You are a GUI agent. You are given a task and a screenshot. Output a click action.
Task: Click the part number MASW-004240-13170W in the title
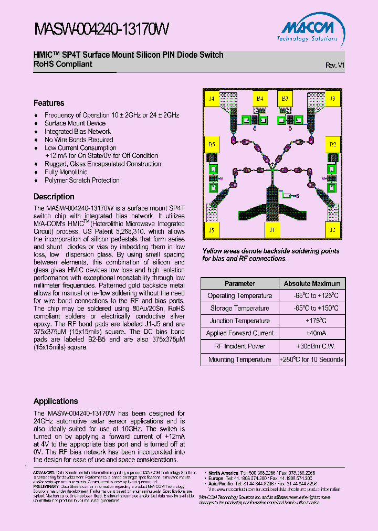point(101,29)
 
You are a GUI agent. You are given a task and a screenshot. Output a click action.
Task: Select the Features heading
point(49,103)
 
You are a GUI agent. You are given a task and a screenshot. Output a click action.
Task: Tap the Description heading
point(54,197)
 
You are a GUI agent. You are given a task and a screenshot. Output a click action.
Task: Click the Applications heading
point(56,401)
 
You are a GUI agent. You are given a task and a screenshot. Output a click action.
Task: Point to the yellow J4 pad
point(212,99)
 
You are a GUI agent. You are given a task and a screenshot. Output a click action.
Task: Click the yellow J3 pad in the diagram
point(332,99)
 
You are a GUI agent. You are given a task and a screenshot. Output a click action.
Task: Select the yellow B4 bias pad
point(259,99)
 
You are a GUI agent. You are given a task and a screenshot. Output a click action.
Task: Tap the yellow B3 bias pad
point(285,99)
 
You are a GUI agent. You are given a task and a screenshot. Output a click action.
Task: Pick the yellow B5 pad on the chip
point(212,144)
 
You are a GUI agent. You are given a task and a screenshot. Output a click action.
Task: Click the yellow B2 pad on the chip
point(332,144)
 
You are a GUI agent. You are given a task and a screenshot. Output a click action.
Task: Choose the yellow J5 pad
point(212,230)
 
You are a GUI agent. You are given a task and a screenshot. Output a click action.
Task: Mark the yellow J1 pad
point(271,230)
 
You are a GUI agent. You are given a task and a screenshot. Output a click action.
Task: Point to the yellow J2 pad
point(332,230)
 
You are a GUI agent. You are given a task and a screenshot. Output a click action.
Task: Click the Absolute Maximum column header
point(312,283)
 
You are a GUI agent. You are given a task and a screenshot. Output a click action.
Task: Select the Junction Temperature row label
point(239,321)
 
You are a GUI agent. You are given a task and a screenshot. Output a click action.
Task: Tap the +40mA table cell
point(312,334)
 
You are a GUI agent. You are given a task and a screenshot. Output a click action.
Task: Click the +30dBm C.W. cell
point(312,346)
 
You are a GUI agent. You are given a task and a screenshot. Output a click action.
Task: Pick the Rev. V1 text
point(334,65)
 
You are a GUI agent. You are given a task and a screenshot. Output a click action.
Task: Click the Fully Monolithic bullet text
point(66,172)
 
